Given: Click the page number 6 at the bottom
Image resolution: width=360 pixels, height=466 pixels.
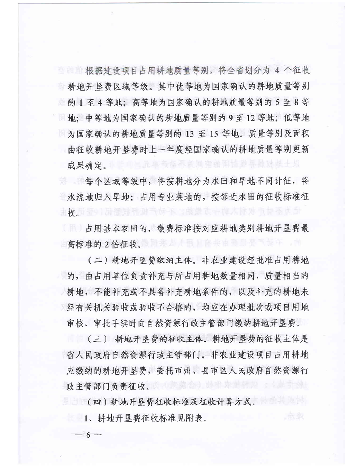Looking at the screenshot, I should (x=88, y=435).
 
